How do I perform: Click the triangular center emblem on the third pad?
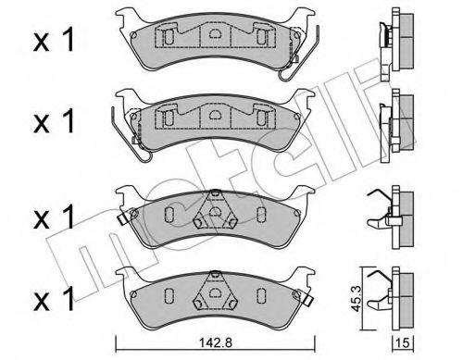(214, 217)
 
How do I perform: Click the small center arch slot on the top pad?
(215, 35)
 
